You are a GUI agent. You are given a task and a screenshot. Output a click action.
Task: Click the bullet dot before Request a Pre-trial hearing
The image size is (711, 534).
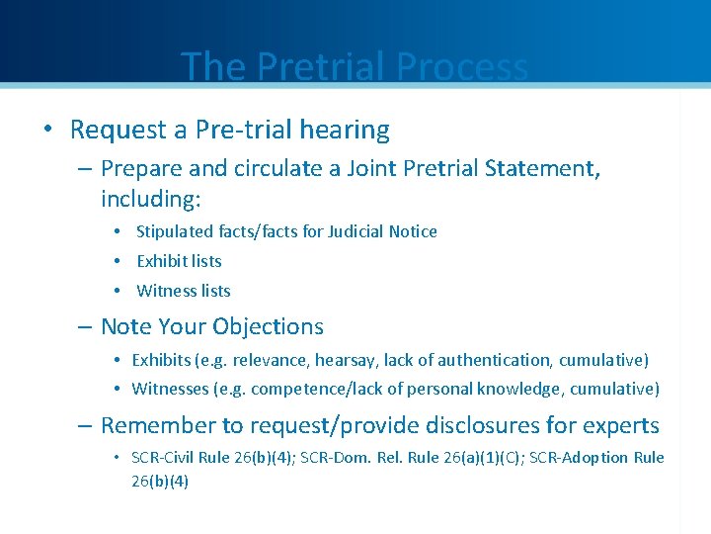tap(48, 130)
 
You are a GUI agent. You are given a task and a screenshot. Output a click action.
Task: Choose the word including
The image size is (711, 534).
tap(150, 199)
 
